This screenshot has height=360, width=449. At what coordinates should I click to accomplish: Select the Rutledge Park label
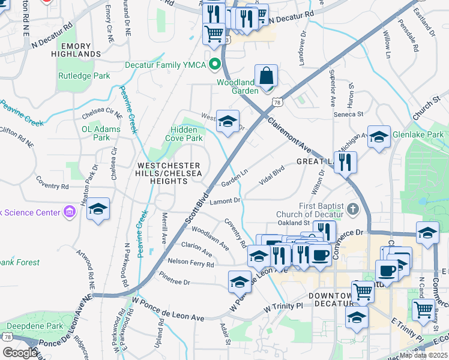[x=84, y=76]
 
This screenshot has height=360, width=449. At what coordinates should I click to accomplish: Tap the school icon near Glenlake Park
[x=379, y=137]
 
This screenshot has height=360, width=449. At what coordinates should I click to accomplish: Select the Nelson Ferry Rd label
[x=191, y=262]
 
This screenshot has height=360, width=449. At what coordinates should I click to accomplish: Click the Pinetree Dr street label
[x=175, y=281]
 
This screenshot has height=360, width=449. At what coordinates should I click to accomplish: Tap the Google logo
[x=20, y=353]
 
